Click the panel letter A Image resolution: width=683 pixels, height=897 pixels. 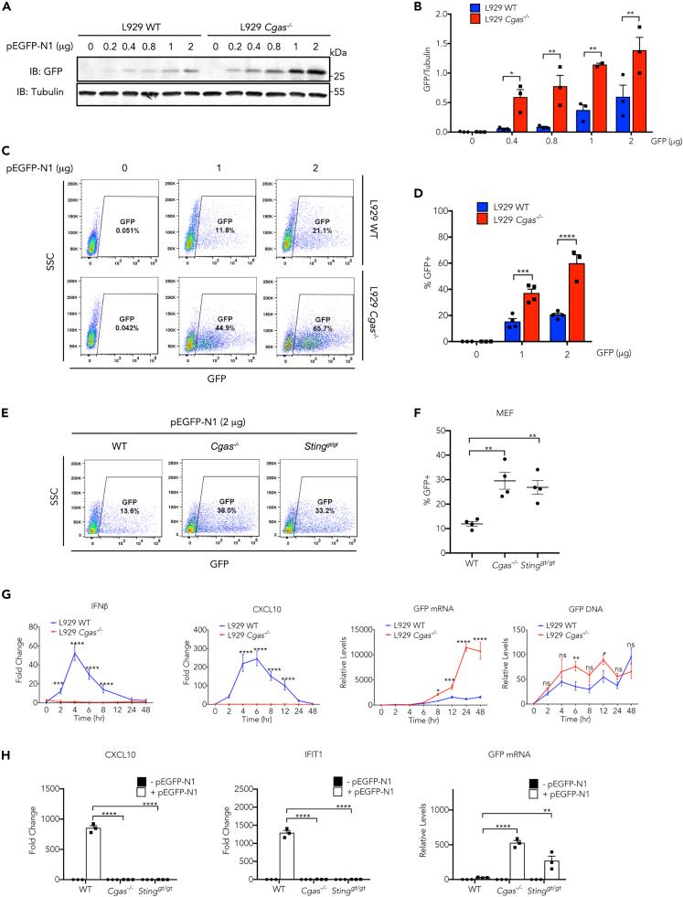point(7,7)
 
